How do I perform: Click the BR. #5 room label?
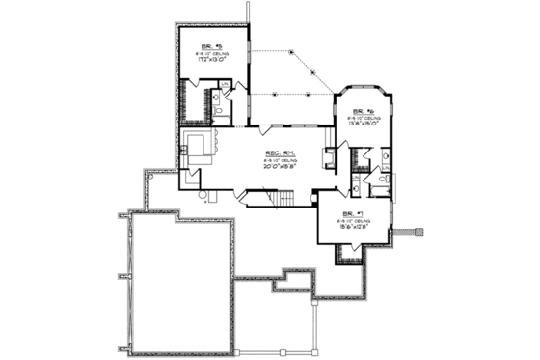[x=211, y=47]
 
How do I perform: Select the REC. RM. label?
[x=281, y=152]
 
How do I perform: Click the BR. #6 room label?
[x=363, y=111]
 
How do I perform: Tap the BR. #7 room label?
[x=351, y=212]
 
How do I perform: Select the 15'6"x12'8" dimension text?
[x=351, y=225]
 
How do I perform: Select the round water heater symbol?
[x=203, y=195]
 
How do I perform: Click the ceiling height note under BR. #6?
[x=363, y=118]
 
